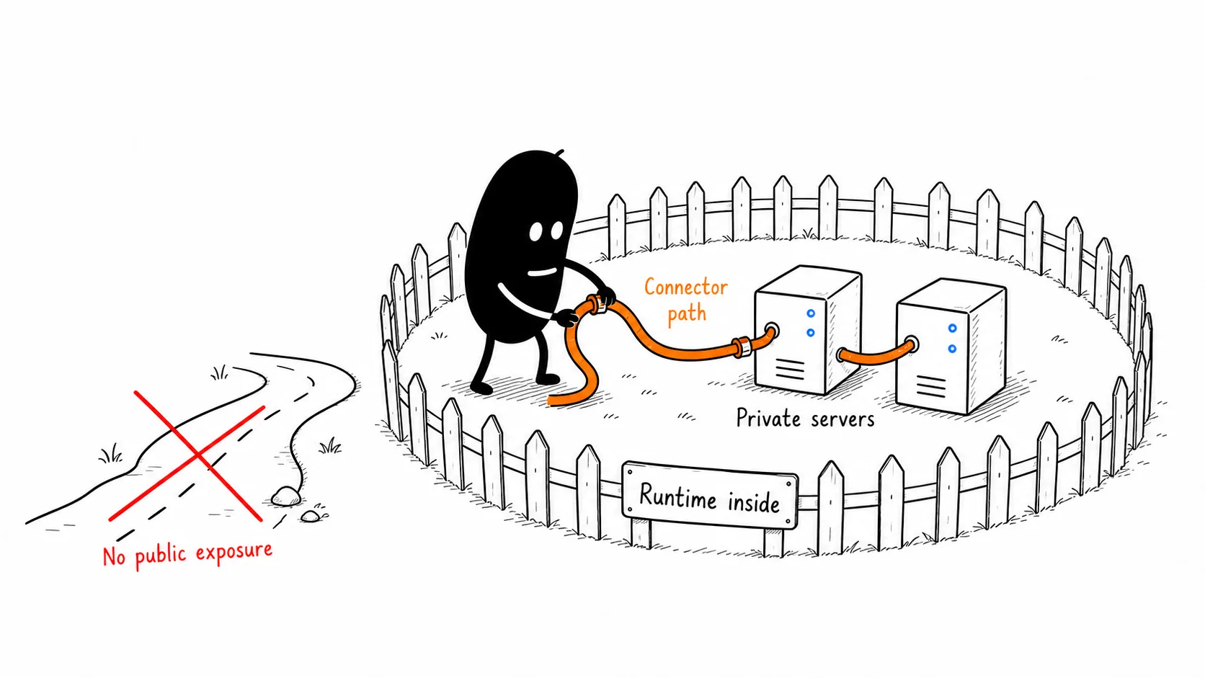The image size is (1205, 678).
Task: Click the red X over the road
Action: click(198, 456)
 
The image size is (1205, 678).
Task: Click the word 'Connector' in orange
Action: click(686, 287)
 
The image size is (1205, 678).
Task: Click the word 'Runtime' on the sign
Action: click(677, 497)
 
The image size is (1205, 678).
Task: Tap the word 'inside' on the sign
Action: click(754, 503)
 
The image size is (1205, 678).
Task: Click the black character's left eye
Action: click(535, 232)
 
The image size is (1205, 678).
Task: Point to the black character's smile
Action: click(542, 272)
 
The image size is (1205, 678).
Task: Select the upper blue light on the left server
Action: click(811, 313)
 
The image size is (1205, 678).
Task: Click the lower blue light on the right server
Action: click(952, 349)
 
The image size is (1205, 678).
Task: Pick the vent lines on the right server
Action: click(930, 386)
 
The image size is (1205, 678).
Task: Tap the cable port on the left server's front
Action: click(771, 329)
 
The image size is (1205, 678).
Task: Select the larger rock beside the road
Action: click(286, 496)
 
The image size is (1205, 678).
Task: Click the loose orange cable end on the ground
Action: click(554, 401)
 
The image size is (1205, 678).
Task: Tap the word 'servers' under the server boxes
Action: click(842, 419)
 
